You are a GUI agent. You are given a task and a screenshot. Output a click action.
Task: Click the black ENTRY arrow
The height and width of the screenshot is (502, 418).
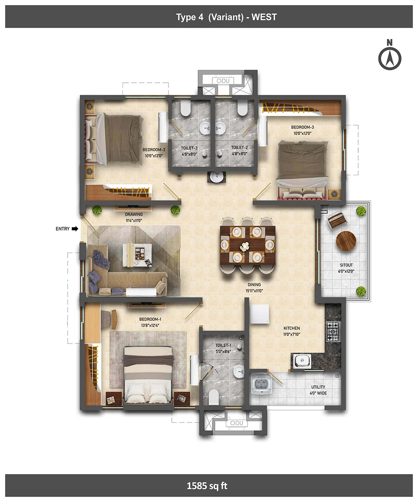[75, 229]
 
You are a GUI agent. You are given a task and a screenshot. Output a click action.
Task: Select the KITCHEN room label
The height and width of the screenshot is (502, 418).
[292, 328]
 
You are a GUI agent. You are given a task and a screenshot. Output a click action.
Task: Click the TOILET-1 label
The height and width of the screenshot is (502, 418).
[223, 345]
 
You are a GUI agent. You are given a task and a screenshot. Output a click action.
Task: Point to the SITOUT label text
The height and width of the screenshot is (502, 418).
[346, 265]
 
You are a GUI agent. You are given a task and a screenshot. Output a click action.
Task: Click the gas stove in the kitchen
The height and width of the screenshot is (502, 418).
[334, 332]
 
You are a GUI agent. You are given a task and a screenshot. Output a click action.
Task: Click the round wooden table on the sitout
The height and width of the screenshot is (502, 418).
[346, 241]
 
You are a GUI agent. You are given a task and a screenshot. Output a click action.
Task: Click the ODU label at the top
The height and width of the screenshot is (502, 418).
[223, 81]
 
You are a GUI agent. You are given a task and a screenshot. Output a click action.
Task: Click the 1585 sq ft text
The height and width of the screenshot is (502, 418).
[207, 486]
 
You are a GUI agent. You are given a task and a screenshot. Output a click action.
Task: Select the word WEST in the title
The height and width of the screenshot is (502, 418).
[264, 17]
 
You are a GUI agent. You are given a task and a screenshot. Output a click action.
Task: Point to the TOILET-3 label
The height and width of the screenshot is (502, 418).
[189, 148]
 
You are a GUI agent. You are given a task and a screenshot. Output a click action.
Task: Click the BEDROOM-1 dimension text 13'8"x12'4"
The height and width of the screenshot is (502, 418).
[150, 325]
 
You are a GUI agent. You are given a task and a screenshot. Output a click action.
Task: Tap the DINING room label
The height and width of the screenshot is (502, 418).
[254, 284]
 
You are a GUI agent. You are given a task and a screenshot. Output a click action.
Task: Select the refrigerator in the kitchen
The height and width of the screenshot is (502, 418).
[259, 314]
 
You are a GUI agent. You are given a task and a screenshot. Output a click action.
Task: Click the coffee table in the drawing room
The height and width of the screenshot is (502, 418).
[137, 255]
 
